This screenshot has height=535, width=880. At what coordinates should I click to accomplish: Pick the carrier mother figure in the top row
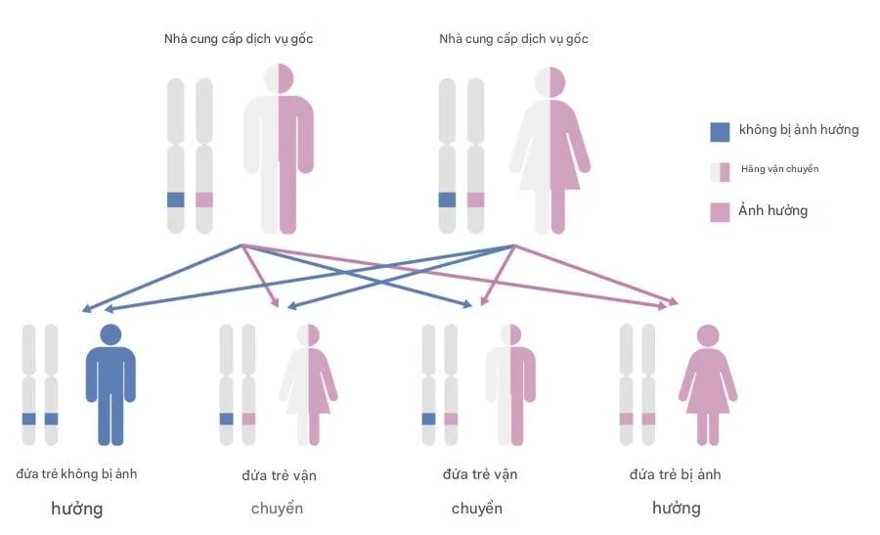coord(550,150)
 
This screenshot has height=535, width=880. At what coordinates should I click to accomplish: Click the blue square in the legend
coord(720,132)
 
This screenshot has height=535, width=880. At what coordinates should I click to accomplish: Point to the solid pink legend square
coord(720,212)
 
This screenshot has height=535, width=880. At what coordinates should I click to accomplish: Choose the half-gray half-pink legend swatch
coord(720,172)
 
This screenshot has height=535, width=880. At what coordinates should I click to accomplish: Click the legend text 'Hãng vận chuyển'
coord(779,169)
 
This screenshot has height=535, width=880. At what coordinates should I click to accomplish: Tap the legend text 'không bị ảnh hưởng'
coord(799,130)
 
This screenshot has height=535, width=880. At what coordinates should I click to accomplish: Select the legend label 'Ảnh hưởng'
coord(772,210)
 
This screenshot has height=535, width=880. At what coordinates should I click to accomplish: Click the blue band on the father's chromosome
coord(176,200)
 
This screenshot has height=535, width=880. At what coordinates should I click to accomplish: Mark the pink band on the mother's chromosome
coord(475,200)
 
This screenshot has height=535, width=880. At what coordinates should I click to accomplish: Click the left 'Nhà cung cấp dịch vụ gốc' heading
coord(239,39)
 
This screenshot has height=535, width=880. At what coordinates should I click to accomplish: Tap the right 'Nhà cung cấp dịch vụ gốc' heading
coord(513,39)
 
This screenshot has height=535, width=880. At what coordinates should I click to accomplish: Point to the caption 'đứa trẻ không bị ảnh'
coord(76,473)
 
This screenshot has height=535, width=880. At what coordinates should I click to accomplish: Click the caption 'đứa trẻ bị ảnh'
coord(675,474)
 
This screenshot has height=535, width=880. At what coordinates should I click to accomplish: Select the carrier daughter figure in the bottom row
coord(308,385)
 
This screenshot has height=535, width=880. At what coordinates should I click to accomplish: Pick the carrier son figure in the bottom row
coord(510,385)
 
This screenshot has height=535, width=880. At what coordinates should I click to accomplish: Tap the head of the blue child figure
coord(110,335)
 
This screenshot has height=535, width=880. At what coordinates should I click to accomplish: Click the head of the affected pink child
coord(708,335)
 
